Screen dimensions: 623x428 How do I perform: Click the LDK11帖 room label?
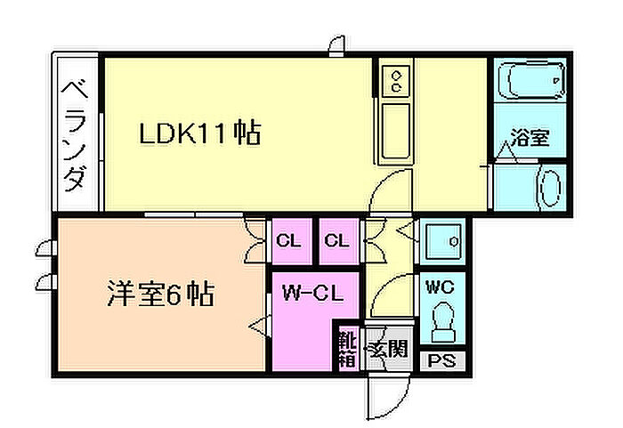pos(200,133)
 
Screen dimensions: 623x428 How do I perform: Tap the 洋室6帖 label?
pos(161,294)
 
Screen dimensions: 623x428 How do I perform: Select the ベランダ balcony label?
pos(75,135)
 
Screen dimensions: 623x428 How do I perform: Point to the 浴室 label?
pos(530,138)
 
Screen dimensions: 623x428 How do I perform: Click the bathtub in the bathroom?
pos(530,80)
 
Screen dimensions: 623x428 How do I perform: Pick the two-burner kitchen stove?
pos(395,81)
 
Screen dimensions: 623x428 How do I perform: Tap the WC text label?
pos(440,287)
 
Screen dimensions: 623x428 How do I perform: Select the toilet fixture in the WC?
pos(442,322)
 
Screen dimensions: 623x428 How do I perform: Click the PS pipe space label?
pos(441,361)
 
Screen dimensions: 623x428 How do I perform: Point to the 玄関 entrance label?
pos(388,350)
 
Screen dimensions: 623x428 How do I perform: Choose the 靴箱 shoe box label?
pos(348,350)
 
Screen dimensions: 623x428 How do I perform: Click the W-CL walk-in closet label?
pos(312,294)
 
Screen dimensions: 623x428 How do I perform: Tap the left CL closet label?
pos(288,240)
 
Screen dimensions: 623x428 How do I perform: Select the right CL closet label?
pos(336,240)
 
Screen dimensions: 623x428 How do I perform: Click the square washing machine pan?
pos(442,240)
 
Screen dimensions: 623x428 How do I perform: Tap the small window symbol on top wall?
pos(337,45)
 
